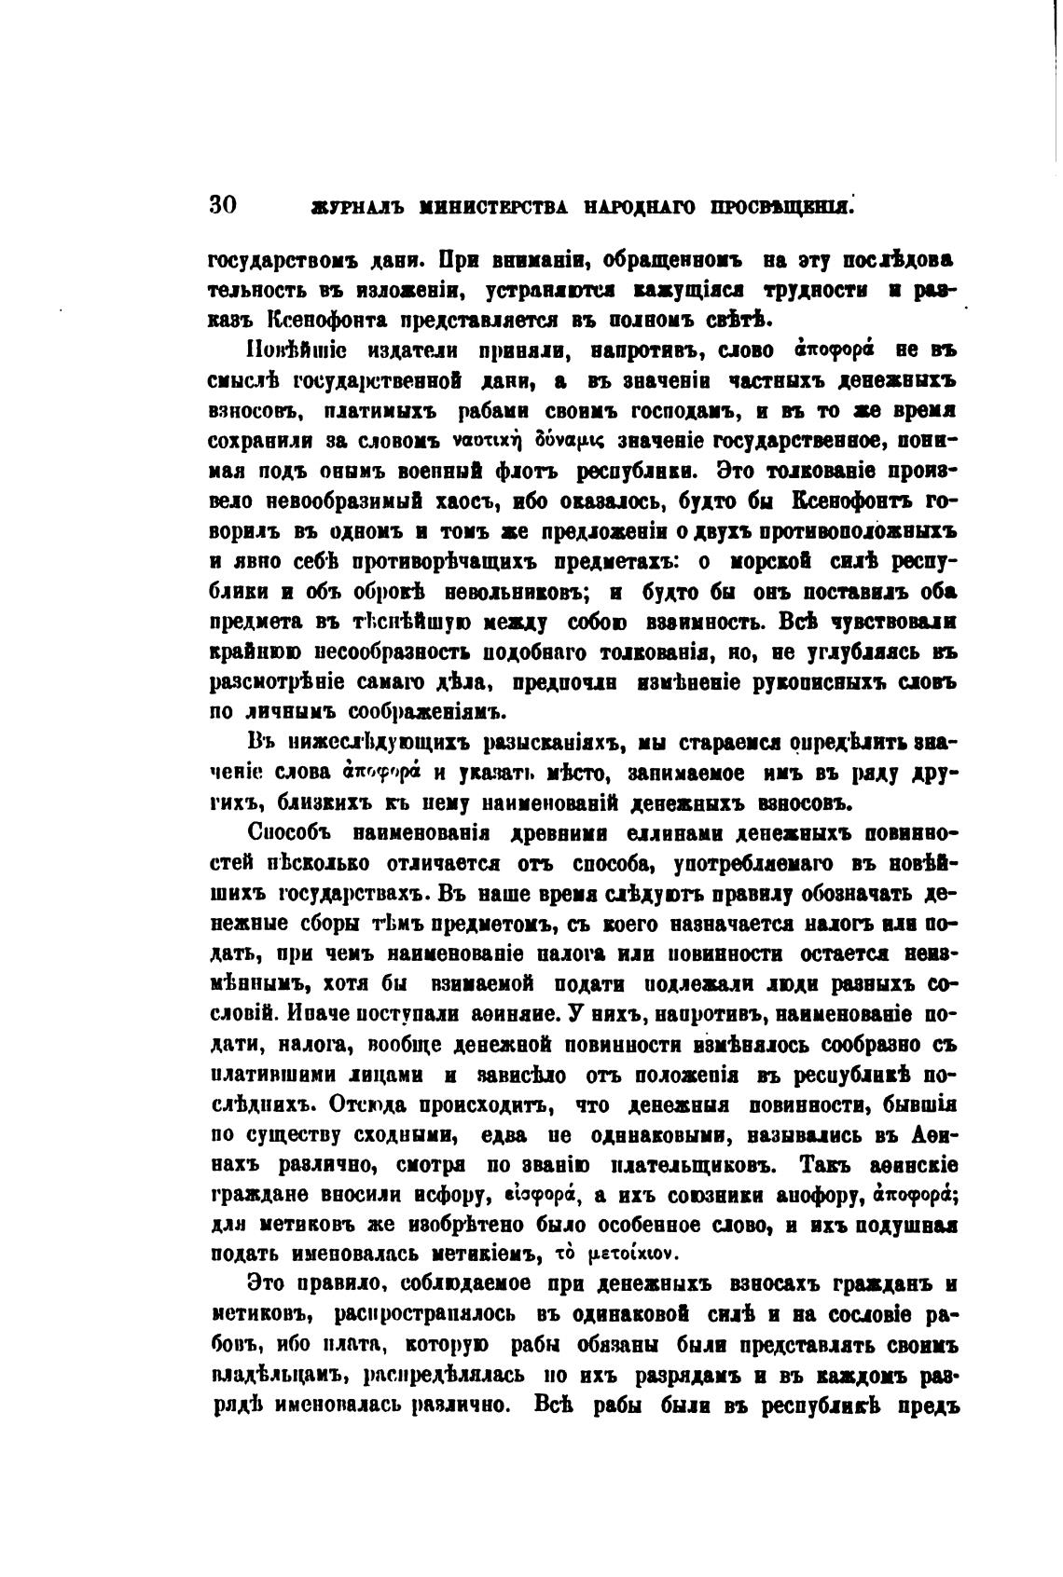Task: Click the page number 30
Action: click(225, 206)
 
